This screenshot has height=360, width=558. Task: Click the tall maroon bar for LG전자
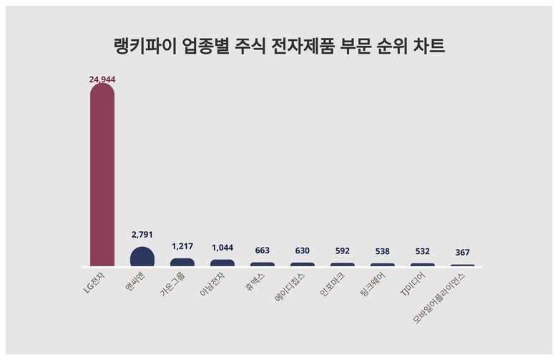[x=102, y=175]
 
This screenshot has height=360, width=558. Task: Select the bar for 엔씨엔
[x=142, y=257]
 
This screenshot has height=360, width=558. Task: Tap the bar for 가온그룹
[x=182, y=263]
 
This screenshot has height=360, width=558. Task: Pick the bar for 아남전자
[x=222, y=263]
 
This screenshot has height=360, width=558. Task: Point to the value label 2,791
[x=142, y=234]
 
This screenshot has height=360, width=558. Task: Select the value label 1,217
[x=182, y=245]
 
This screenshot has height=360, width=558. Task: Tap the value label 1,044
[x=222, y=247]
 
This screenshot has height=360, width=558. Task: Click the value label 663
[x=263, y=250]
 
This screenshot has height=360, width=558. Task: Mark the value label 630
[x=303, y=250]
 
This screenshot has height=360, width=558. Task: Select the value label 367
[x=463, y=252]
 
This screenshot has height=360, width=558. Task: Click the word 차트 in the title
[x=429, y=47]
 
